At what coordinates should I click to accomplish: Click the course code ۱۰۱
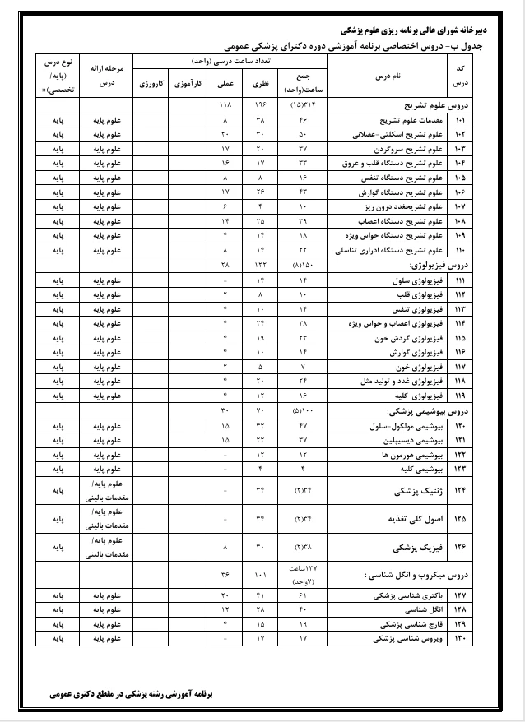459,120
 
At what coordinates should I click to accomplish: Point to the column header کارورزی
151,83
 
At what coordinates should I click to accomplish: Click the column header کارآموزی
188,83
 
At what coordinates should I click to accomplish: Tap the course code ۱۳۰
459,637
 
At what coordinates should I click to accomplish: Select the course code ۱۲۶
459,546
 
